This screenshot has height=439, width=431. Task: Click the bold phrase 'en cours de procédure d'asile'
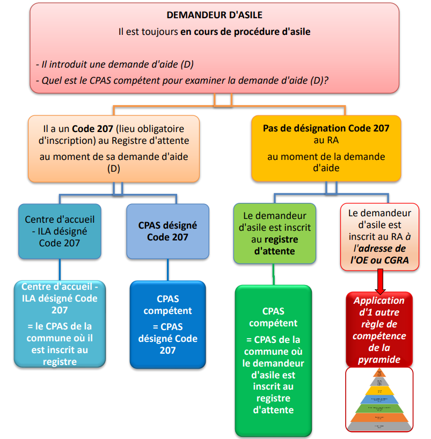(x=245, y=32)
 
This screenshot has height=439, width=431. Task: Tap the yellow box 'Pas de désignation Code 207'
(x=326, y=148)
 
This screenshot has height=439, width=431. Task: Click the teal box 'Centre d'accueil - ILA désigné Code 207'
(x=60, y=231)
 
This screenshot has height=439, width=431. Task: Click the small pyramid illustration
(x=380, y=399)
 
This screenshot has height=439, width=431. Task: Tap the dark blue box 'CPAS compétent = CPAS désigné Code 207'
(x=167, y=325)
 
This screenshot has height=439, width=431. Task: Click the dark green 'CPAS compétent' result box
(x=274, y=360)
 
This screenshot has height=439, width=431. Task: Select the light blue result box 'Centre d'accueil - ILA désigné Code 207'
(x=60, y=324)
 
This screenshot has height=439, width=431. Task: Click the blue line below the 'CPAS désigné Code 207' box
(x=167, y=270)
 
